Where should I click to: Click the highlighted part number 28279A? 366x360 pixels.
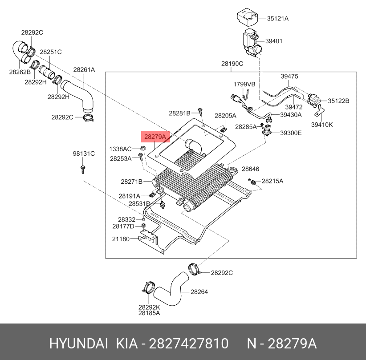155,137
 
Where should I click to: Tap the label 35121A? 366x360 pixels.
277,18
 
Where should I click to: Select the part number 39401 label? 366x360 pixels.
274,41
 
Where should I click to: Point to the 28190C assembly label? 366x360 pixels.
232,64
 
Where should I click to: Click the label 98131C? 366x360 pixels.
84,154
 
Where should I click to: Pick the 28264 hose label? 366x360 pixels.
199,291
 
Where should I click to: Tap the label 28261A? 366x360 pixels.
84,69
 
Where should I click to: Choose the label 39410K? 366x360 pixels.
322,125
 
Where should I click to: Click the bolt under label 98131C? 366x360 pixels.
83,170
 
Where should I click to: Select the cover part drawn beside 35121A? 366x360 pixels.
247,17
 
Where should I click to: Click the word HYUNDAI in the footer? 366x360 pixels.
79,344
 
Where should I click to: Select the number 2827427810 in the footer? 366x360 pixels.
189,344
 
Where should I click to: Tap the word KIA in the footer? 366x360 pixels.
127,344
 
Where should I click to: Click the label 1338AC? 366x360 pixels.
120,149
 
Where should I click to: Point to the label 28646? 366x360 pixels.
250,169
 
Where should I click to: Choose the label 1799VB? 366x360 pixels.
244,84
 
